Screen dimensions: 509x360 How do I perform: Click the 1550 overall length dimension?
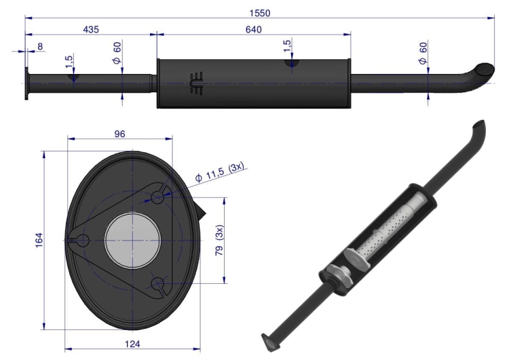click(260, 13)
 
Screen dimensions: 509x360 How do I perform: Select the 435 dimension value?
click(91, 30)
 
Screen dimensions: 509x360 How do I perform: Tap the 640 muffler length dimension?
click(254, 30)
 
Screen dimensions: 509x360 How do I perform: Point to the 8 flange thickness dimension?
click(40, 46)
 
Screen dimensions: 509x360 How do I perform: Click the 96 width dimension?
click(119, 134)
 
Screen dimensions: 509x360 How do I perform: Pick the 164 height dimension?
click(39, 240)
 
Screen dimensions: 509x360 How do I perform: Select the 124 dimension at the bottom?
click(132, 344)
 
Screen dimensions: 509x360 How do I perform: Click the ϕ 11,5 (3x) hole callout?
click(219, 173)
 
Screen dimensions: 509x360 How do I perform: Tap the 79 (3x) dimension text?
click(220, 240)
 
